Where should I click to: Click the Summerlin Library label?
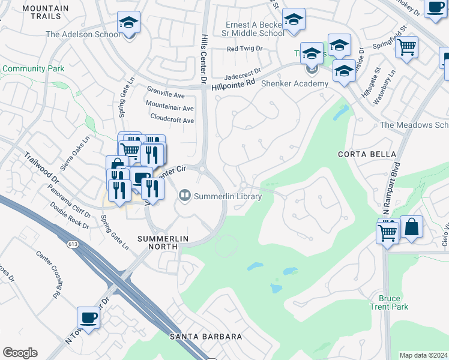228,196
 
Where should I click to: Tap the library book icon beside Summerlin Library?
185,196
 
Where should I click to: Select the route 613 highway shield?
73,244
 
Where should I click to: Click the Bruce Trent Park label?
393,302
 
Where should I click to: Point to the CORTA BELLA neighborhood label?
360,154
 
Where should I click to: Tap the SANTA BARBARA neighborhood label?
206,337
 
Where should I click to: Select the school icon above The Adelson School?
128,22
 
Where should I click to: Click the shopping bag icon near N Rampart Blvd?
412,227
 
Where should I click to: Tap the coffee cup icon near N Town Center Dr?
89,318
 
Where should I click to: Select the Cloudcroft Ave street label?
172,119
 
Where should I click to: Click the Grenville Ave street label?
166,94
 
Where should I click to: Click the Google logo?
20,353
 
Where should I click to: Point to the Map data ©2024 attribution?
423,355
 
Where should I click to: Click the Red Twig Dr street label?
245,49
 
